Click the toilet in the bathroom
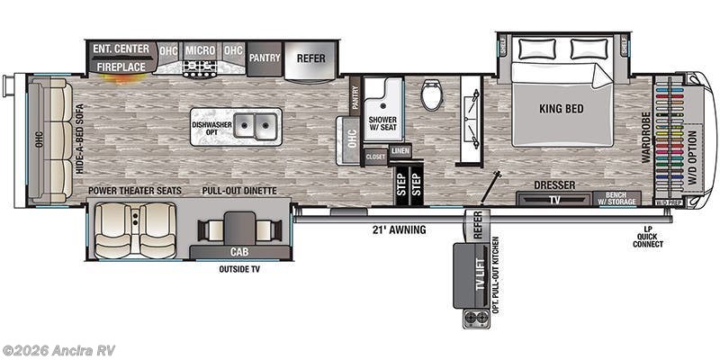432,94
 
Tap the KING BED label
562,112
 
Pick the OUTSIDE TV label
240,269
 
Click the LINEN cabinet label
400,151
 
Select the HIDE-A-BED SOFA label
78,139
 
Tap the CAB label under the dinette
240,251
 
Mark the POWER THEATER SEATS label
134,191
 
